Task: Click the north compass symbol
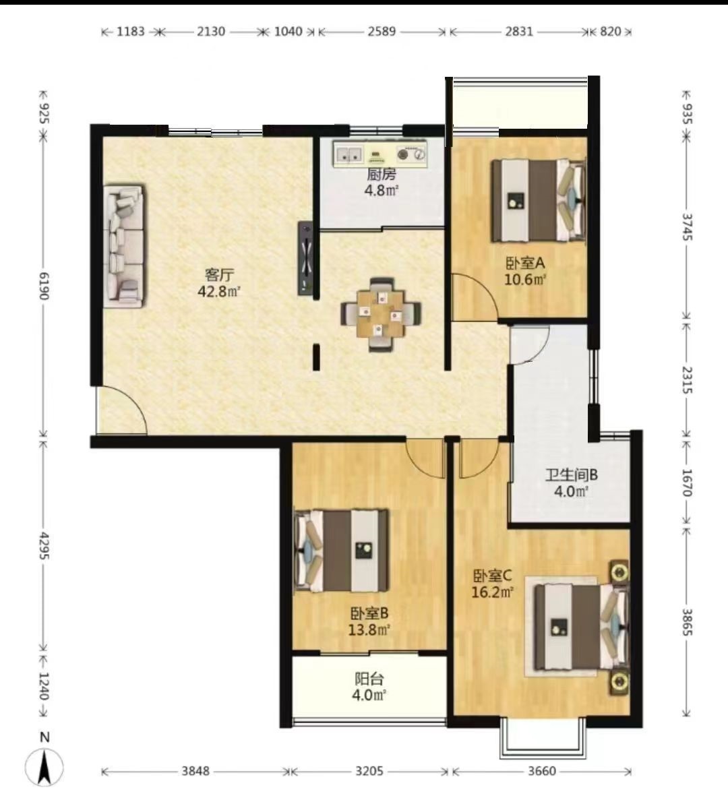click(x=44, y=766)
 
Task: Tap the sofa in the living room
click(x=124, y=247)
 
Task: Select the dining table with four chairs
click(x=381, y=315)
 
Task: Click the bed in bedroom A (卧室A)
click(x=539, y=200)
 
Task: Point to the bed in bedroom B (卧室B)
click(x=340, y=551)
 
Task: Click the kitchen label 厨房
click(x=381, y=174)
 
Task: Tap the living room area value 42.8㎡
click(x=219, y=292)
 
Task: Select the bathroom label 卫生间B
click(x=572, y=474)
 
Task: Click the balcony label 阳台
click(x=369, y=679)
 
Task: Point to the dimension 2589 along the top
click(x=382, y=31)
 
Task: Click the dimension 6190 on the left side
click(x=44, y=286)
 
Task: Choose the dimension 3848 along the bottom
click(x=195, y=770)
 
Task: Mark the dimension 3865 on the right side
click(x=687, y=622)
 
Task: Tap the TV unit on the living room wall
click(x=306, y=258)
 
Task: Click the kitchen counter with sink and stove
click(x=380, y=154)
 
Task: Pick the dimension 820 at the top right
click(x=610, y=31)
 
